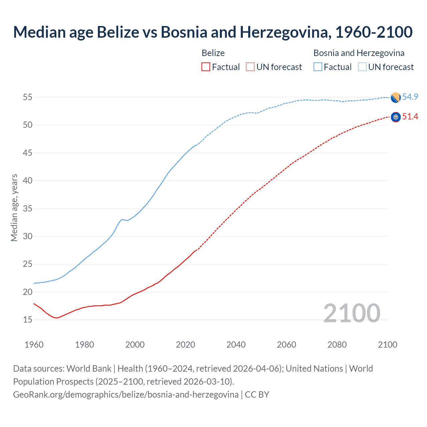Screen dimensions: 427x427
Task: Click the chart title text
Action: tap(213, 32)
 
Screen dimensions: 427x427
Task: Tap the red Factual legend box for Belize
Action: tap(206, 67)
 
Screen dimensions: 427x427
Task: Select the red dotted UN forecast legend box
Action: tap(250, 67)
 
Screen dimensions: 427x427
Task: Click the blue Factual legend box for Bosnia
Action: tap(318, 67)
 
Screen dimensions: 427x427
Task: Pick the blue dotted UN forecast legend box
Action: tap(362, 67)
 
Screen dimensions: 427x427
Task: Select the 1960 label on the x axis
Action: tap(34, 345)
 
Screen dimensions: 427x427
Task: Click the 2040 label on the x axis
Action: tap(236, 345)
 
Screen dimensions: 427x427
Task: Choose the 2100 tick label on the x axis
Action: tap(387, 345)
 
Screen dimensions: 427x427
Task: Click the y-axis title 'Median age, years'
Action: tap(14, 207)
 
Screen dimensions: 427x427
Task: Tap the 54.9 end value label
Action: tap(410, 97)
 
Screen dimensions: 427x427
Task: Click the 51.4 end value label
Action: tap(410, 116)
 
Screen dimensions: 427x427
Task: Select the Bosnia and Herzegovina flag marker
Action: tap(396, 97)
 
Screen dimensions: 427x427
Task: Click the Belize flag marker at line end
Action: tap(396, 117)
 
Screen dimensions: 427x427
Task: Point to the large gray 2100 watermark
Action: tap(352, 313)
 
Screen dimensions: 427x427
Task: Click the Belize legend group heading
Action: tap(213, 53)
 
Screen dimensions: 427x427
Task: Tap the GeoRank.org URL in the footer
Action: tap(126, 395)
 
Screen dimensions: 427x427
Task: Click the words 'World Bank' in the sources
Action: tap(89, 369)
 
